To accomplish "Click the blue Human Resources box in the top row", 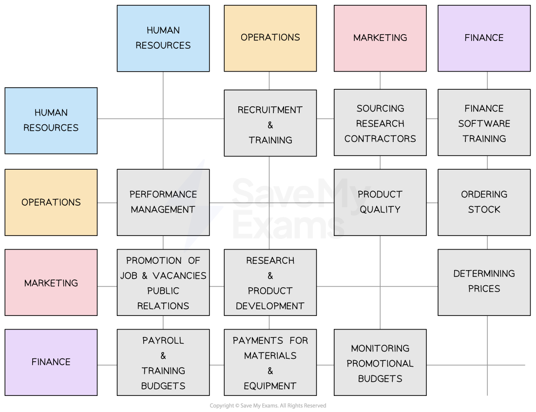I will pyautogui.click(x=163, y=38).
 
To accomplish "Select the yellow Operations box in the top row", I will pyautogui.click(x=270, y=38).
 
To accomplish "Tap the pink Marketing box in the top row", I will pyautogui.click(x=380, y=38).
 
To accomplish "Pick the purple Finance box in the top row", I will pyautogui.click(x=484, y=38).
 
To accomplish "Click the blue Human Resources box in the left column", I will pyautogui.click(x=51, y=120).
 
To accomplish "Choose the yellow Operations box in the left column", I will pyautogui.click(x=51, y=202).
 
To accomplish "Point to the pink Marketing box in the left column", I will pyautogui.click(x=51, y=283).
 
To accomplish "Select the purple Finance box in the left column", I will pyautogui.click(x=51, y=362).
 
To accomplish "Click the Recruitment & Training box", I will pyautogui.click(x=270, y=123).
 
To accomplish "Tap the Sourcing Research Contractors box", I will pyautogui.click(x=380, y=123).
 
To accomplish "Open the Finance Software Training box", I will pyautogui.click(x=484, y=123).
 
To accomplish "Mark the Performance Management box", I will pyautogui.click(x=163, y=202).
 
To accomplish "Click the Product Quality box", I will pyautogui.click(x=380, y=202).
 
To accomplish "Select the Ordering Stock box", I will pyautogui.click(x=484, y=202).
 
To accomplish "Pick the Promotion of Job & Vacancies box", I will pyautogui.click(x=163, y=283).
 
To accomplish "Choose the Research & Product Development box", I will pyautogui.click(x=270, y=283).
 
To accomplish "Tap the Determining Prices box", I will pyautogui.click(x=484, y=282).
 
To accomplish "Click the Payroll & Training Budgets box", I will pyautogui.click(x=163, y=362).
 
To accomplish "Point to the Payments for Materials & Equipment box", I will pyautogui.click(x=270, y=362).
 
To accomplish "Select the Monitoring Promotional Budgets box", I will pyautogui.click(x=380, y=362).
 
